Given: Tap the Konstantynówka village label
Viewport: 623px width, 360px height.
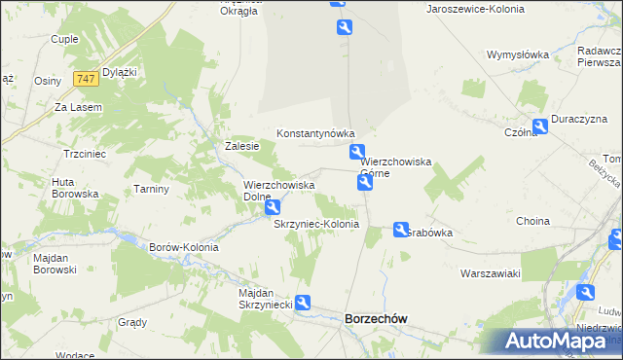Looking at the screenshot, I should tap(315, 133).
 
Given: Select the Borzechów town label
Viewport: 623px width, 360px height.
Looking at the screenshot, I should tap(376, 318).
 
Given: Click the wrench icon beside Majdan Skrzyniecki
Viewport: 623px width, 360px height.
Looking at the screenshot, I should tap(303, 304).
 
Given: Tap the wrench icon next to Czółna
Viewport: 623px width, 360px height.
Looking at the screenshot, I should tap(539, 126).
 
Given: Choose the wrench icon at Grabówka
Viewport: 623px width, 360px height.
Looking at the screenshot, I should tap(401, 230).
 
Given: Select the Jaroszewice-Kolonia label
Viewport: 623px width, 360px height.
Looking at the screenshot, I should tap(475, 8).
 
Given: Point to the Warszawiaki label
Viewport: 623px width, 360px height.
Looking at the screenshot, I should tap(491, 273).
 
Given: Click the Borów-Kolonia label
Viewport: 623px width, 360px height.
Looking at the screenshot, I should tap(183, 247).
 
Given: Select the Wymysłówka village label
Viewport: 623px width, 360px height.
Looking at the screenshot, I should tap(518, 54).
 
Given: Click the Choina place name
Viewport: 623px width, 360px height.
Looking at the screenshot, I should tap(532, 221).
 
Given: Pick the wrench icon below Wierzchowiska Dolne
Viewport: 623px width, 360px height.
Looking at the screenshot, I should tap(274, 206).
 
